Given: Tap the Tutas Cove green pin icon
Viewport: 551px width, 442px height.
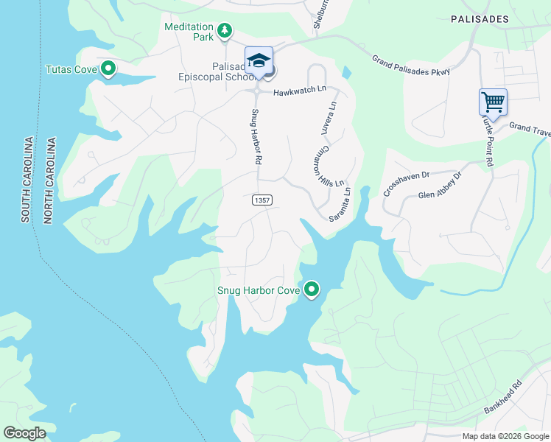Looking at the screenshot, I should [108, 69].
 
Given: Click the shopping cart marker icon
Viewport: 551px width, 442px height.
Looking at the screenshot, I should [493, 102].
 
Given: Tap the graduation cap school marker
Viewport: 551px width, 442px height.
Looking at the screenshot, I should [259, 60].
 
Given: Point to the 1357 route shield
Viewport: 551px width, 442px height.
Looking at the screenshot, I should [261, 200].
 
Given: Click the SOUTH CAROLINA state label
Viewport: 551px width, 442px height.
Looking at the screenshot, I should [27, 180].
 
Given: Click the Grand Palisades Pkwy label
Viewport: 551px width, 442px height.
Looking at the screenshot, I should [411, 65].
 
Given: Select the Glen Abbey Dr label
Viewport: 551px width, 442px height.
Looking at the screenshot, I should [439, 186].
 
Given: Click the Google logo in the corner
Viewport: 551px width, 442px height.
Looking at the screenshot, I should [24, 433].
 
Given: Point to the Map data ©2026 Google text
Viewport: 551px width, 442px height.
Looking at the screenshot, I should [505, 436].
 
